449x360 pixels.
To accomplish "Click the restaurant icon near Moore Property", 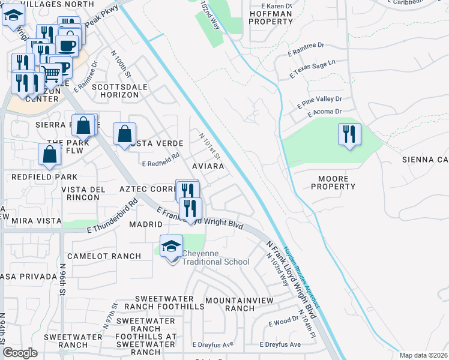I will point(349,134).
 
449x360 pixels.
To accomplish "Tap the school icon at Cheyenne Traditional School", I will point(172,246).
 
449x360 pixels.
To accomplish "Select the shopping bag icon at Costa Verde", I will point(124,134).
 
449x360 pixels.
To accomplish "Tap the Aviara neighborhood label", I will point(208,166).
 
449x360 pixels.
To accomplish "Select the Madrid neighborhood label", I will point(145,224).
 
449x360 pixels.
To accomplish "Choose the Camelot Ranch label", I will point(104,256).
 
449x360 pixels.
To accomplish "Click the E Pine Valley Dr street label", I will point(319,103).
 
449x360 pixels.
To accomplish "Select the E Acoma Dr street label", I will point(324,112).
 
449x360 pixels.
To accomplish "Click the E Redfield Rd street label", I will point(161,158).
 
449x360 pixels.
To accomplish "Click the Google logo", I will point(20,353).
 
